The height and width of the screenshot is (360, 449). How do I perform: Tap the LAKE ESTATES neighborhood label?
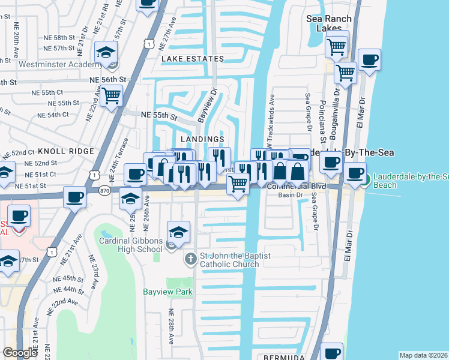point(192,59)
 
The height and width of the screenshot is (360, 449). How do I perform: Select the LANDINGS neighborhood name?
point(202,139)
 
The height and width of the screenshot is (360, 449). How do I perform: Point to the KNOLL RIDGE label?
point(66,151)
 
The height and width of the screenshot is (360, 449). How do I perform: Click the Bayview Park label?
point(167,292)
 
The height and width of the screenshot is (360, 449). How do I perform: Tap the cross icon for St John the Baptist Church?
point(190,260)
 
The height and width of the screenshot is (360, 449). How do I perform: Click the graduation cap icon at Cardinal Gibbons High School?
point(178,232)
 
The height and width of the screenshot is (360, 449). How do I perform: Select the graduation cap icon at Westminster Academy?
point(106,53)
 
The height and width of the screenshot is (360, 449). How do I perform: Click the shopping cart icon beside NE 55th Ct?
point(111,95)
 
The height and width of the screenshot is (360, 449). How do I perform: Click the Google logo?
point(20,353)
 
